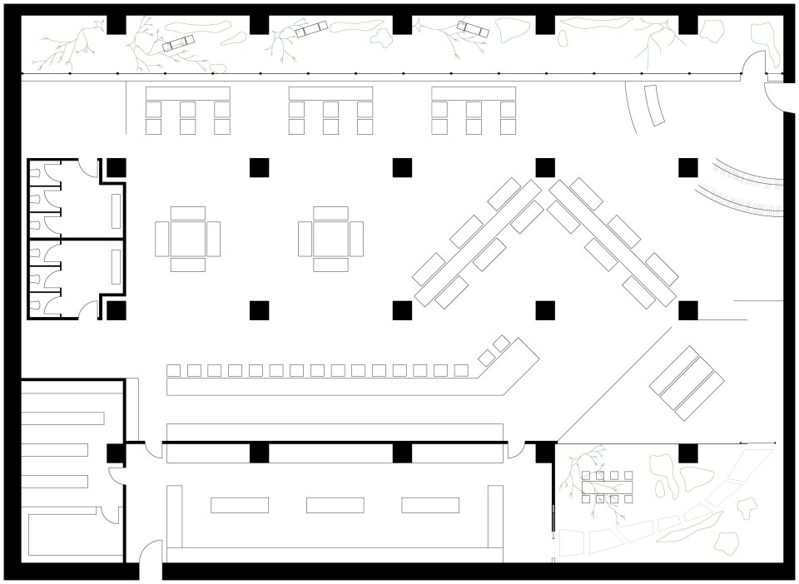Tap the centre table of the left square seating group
(187, 240)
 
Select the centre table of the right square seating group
(330, 240)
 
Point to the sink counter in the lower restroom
(117, 267)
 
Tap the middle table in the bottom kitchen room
(335, 505)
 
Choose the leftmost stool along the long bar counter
(174, 370)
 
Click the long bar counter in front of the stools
(333, 387)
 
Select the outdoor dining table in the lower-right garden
(608, 487)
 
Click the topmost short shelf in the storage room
(62, 418)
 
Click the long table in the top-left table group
(187, 93)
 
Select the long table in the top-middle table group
(330, 93)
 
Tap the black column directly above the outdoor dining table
(544, 453)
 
